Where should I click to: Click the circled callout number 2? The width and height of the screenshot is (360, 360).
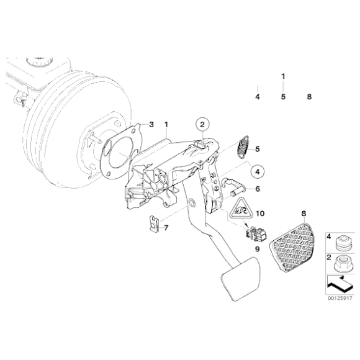pos(202,125)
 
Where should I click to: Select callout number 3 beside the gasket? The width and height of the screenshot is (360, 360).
pos(151,125)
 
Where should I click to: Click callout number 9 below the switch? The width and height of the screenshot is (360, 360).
pos(254,249)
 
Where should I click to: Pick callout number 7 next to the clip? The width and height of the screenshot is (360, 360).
pos(166,227)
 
